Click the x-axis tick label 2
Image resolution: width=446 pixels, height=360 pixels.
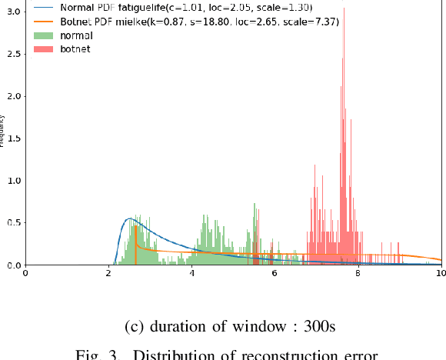109,273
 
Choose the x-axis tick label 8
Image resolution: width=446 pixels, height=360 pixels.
358,273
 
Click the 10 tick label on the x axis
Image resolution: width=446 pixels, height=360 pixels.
440,273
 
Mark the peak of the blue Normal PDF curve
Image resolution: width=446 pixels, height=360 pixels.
130,219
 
